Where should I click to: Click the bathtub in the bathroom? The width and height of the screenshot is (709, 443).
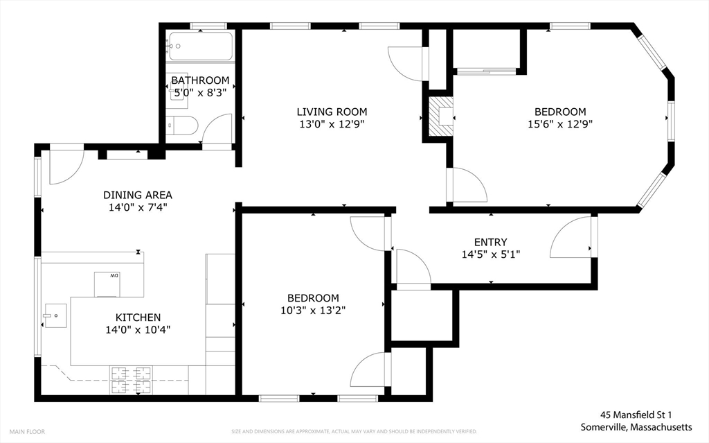(x=199, y=46)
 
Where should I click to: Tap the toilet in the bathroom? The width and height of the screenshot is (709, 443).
(x=183, y=125)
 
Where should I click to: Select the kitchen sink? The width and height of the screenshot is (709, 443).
(x=54, y=315)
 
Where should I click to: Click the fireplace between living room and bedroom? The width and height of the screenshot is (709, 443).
(x=439, y=116)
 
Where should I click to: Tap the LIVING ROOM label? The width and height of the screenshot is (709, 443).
(x=332, y=112)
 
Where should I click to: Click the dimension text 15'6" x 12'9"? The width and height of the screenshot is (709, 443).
(x=559, y=124)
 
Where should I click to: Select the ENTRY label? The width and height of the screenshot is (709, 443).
(x=490, y=242)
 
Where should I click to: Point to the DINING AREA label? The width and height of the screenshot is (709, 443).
(x=138, y=195)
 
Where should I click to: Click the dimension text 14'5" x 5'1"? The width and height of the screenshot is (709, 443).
(x=490, y=254)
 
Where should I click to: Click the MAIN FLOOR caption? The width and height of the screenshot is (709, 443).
(x=27, y=431)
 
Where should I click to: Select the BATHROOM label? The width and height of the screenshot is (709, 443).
(x=200, y=80)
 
